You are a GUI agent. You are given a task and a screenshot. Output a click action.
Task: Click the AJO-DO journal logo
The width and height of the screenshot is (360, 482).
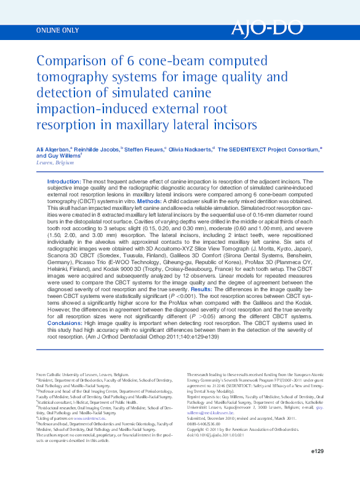click(x=267, y=29)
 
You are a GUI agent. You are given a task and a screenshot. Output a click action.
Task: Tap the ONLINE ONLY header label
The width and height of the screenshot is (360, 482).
click(x=58, y=30)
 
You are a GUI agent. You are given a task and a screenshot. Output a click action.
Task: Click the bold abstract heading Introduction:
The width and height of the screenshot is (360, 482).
click(x=64, y=183)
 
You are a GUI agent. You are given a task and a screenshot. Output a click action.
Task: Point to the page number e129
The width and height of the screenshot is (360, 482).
click(x=317, y=452)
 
